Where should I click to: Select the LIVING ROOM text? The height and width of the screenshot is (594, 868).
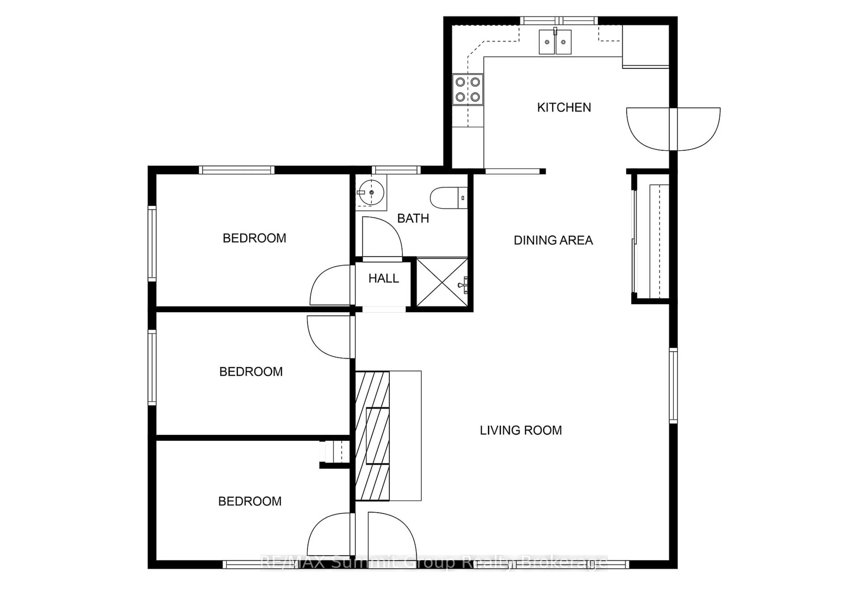tap(521, 430)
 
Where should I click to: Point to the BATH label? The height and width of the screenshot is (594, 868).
tap(413, 218)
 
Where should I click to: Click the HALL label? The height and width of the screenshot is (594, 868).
tap(384, 278)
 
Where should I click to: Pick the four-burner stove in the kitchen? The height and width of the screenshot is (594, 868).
tap(468, 89)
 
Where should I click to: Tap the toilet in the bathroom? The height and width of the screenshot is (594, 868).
tap(448, 198)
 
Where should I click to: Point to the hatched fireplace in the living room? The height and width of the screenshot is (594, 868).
tap(372, 436)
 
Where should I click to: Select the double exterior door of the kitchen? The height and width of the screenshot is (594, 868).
tap(673, 129)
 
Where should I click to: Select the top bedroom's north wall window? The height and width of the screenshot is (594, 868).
tap(236, 170)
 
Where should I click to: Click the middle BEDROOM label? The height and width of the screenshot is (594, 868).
tap(251, 372)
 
